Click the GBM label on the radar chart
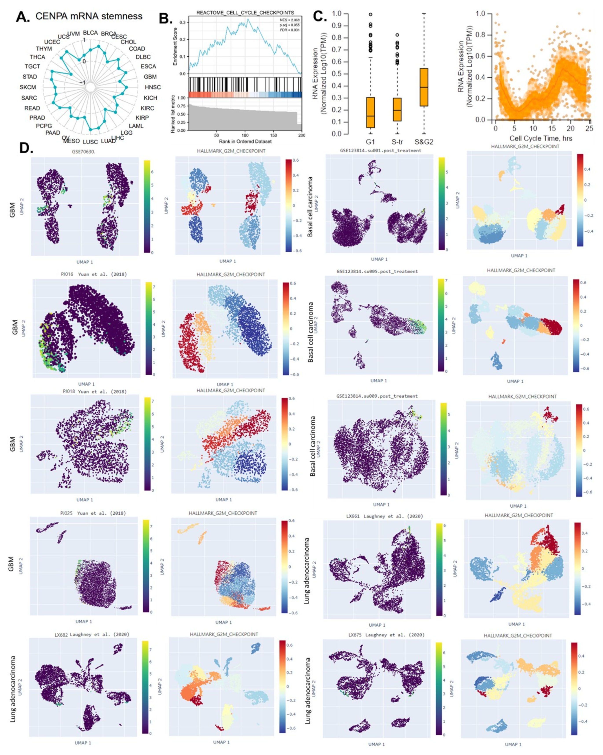(150, 77)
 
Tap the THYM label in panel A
(44, 49)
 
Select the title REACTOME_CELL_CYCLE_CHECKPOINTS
(245, 13)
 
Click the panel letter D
(26, 149)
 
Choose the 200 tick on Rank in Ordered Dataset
(301, 135)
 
